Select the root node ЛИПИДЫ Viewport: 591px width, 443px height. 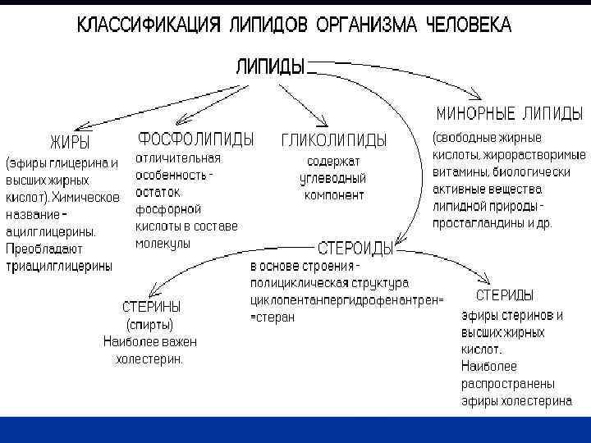271,66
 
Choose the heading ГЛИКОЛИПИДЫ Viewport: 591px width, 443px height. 334,140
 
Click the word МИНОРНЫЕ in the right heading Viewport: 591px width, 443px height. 474,112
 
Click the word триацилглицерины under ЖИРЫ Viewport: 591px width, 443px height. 60,266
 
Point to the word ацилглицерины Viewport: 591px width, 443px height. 52,231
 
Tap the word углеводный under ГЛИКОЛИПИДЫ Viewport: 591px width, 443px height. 334,178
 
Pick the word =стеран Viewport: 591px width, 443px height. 272,317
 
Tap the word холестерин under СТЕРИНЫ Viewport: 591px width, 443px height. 149,359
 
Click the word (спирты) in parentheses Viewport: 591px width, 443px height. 149,325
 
